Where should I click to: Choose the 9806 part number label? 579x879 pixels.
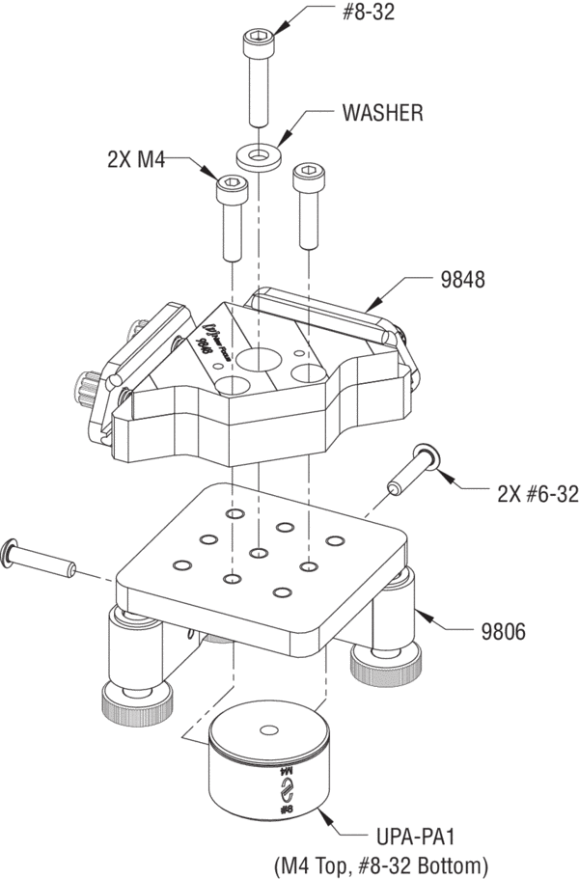tap(506, 633)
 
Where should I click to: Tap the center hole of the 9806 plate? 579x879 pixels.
tap(259, 553)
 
